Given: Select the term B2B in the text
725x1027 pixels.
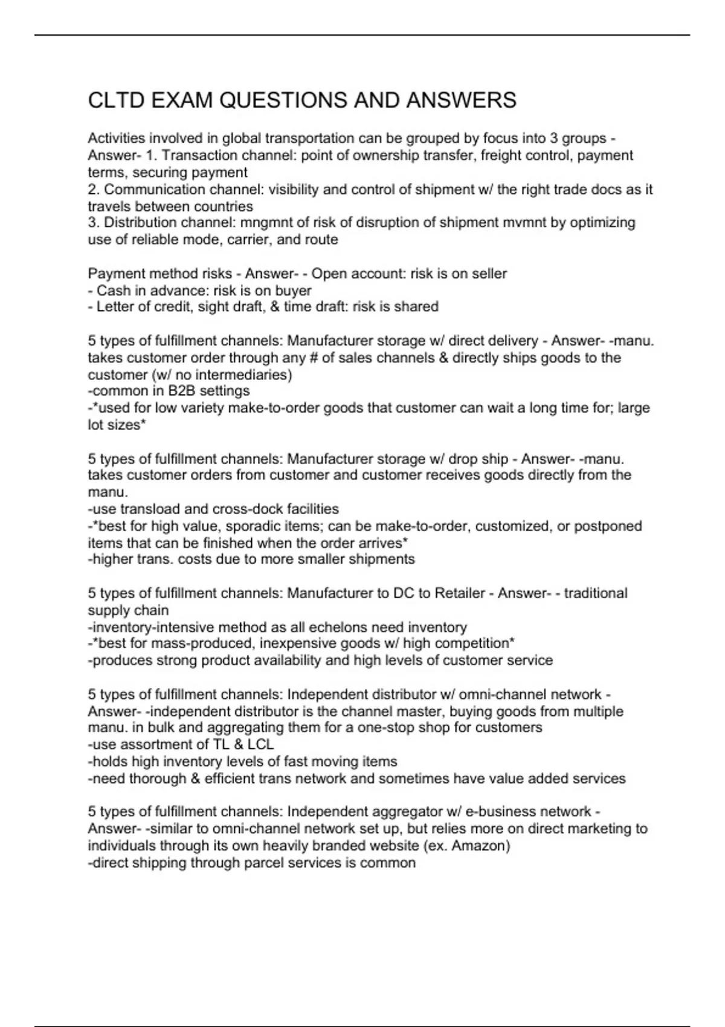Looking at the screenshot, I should [179, 391].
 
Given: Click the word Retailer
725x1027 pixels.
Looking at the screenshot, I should [460, 593].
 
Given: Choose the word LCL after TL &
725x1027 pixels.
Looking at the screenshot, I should [260, 744].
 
